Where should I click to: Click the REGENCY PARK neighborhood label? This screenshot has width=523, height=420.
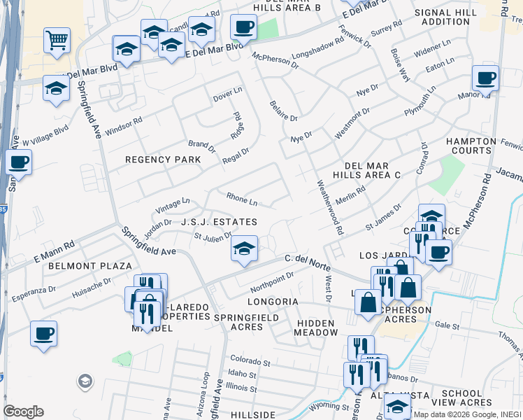[163, 160]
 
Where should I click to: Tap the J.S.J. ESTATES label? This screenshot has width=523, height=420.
[219, 222]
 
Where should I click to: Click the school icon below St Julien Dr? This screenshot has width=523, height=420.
[243, 248]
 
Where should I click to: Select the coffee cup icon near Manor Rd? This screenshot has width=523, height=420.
[485, 77]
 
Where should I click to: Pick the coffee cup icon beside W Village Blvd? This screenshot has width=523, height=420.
[19, 162]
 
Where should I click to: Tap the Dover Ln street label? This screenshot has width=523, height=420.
[227, 91]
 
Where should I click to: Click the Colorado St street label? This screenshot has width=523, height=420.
[250, 363]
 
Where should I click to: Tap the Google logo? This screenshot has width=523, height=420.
[23, 412]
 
